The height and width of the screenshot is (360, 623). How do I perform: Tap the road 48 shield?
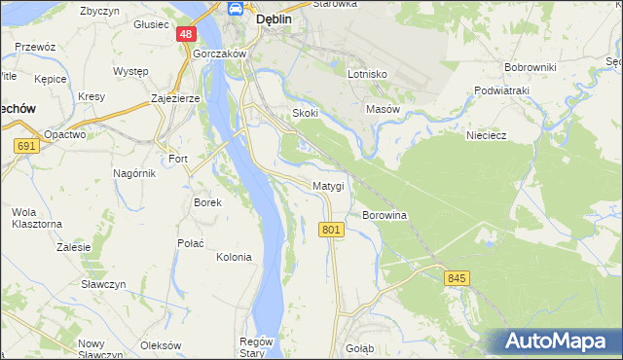[x=186, y=34]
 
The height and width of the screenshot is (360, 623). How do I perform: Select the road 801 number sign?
[x=331, y=230]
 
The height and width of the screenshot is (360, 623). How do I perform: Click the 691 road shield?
[x=26, y=146]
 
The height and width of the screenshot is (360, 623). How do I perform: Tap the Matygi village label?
[x=328, y=185]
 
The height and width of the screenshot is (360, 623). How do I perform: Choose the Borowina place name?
[x=384, y=214]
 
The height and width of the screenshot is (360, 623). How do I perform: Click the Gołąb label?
[x=359, y=347]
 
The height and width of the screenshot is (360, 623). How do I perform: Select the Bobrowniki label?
[x=530, y=67]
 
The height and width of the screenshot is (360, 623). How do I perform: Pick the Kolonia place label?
[x=234, y=257]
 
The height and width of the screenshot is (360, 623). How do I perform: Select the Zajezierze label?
[x=176, y=99]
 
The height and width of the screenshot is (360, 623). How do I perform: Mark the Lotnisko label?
[x=368, y=74]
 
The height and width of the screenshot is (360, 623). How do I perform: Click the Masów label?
[x=383, y=109]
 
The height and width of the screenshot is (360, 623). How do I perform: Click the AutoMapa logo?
[x=556, y=342]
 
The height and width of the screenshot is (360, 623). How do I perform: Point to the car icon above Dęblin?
[x=237, y=9]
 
